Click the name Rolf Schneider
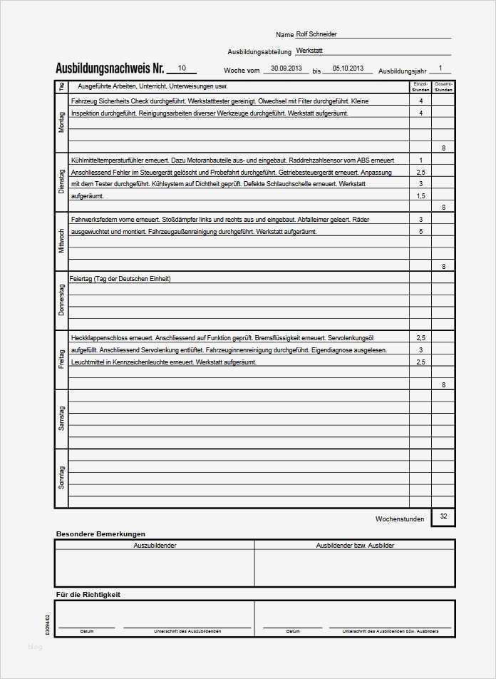[x=316, y=34]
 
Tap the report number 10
[x=182, y=68]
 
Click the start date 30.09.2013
[x=281, y=68]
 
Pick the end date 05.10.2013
[x=348, y=68]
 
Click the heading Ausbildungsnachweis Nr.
[x=110, y=69]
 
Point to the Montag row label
[x=61, y=123]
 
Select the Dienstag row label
[x=61, y=182]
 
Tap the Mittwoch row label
[x=61, y=241]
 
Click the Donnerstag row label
[x=61, y=300]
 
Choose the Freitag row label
[x=61, y=359]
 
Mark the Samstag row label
[x=61, y=419]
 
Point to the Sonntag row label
[x=61, y=477]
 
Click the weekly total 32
[x=443, y=517]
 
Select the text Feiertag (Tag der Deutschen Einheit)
[x=120, y=279]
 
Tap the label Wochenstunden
[x=400, y=519]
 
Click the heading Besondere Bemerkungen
[x=100, y=533]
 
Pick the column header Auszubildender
[x=155, y=546]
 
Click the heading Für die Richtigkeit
[x=88, y=594]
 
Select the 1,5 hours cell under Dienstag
[x=420, y=196]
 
